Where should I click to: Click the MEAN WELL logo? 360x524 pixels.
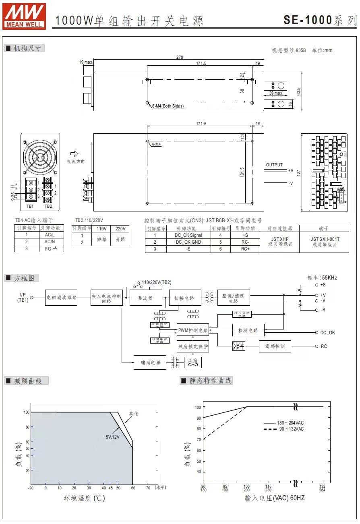click(x=24, y=16)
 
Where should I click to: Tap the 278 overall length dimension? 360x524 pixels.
click(x=179, y=57)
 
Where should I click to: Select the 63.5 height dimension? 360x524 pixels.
click(x=298, y=91)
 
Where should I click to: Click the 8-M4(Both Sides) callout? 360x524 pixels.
click(x=168, y=106)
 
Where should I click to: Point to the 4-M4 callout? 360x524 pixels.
click(x=156, y=144)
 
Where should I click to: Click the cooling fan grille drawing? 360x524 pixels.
click(x=40, y=156)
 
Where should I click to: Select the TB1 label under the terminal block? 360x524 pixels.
click(x=30, y=206)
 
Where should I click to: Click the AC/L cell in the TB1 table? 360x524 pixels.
click(x=50, y=234)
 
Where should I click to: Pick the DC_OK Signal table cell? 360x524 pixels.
click(x=188, y=235)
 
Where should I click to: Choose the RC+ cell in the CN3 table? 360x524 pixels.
click(x=245, y=249)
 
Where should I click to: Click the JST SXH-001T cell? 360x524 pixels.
click(x=324, y=242)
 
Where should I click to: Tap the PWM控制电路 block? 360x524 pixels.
click(x=193, y=330)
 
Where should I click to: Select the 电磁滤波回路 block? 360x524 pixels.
click(x=61, y=298)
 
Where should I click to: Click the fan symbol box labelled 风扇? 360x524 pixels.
click(x=192, y=362)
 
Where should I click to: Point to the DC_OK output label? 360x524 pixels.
click(x=327, y=333)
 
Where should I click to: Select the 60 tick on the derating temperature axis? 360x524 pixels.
click(x=132, y=488)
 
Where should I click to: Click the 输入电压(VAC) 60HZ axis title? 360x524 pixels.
click(x=275, y=498)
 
